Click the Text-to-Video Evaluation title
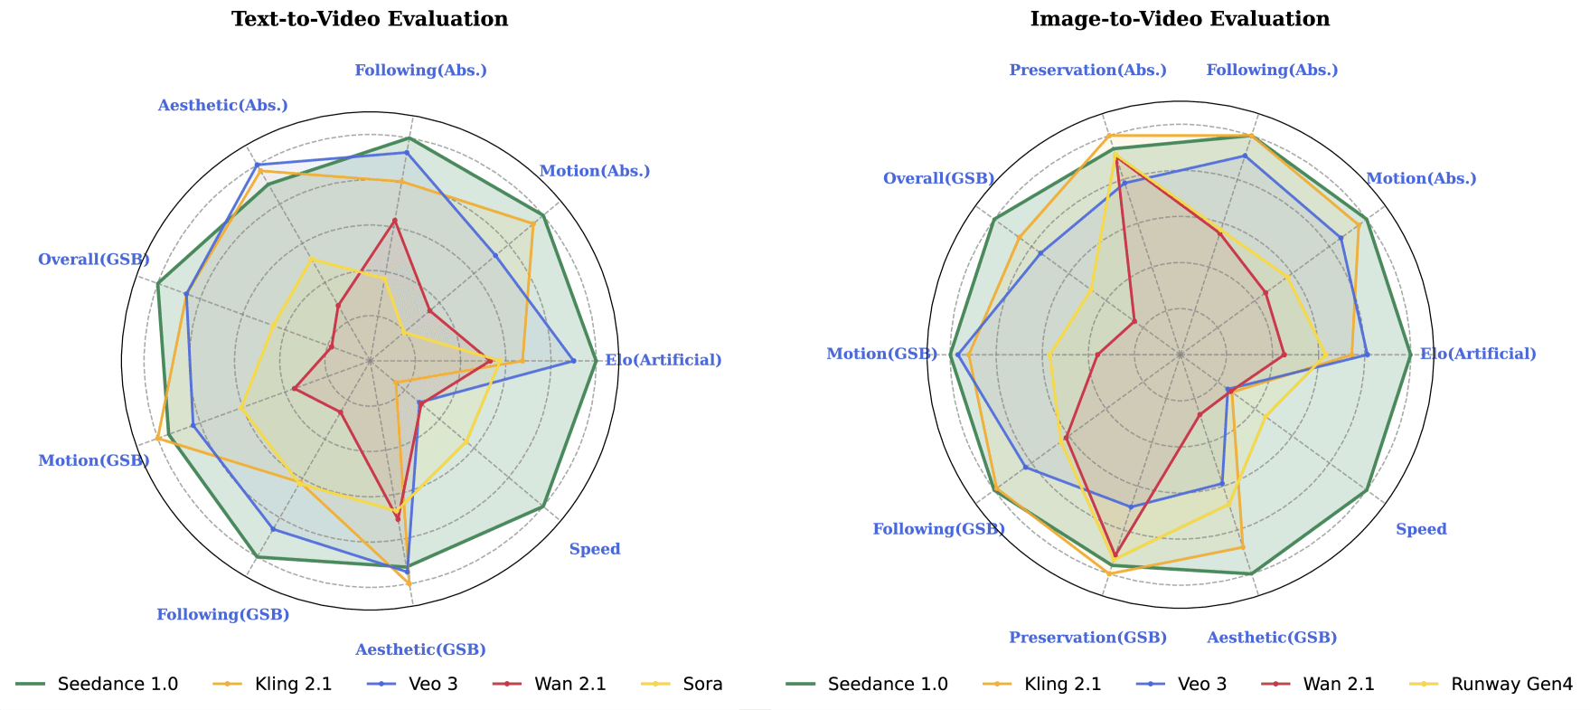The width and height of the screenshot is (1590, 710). [370, 19]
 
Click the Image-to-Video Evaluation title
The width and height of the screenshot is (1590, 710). [1180, 19]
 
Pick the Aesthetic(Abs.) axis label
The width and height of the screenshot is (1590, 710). [222, 106]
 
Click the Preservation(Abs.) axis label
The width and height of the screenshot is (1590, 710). [1087, 71]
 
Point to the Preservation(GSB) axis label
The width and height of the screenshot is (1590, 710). [1087, 638]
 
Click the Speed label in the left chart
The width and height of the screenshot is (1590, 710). [595, 549]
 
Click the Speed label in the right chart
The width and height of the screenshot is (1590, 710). [1421, 529]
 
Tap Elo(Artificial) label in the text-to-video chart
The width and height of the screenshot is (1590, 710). [663, 360]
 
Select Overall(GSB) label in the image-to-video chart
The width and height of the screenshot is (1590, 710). [938, 178]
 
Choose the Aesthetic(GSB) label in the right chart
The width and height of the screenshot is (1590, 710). [1272, 638]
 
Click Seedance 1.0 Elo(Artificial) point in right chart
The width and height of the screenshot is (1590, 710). [1410, 354]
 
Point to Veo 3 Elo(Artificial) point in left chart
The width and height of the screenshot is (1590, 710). [573, 361]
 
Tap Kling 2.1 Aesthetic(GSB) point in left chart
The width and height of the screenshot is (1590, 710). [409, 583]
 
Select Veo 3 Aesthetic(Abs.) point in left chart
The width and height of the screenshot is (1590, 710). [257, 165]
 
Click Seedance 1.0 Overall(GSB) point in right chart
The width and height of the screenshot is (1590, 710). [993, 220]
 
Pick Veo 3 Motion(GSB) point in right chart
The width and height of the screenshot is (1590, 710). [957, 354]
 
